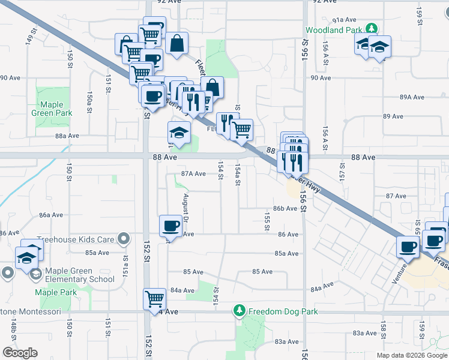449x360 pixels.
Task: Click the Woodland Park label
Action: [x=334, y=29]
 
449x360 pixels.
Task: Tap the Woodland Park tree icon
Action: [x=372, y=28]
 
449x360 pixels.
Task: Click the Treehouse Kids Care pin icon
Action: [x=124, y=239]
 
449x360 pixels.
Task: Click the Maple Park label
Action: [x=55, y=292]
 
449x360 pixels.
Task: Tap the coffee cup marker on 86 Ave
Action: [x=170, y=227]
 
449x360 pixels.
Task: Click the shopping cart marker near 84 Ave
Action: [x=155, y=298]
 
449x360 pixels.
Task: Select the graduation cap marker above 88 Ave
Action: [x=179, y=133]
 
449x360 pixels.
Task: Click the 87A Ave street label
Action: [x=194, y=174]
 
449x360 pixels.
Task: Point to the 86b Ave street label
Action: [x=285, y=209]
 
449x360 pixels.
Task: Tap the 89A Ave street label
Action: [x=412, y=97]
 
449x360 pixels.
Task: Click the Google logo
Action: [x=20, y=353]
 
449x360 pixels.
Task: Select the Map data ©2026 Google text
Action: [x=411, y=355]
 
